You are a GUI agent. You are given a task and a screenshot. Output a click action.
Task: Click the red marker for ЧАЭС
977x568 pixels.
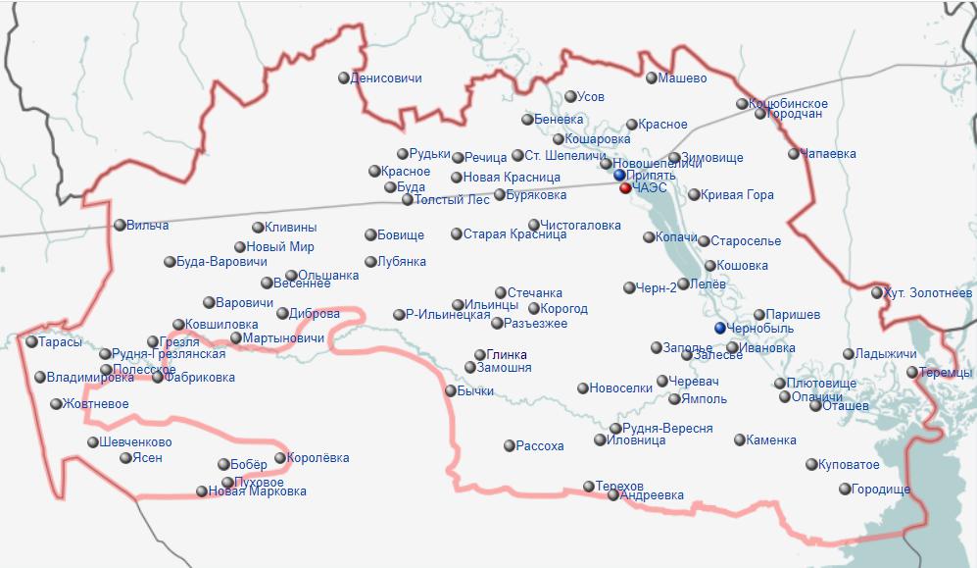(x=625, y=187)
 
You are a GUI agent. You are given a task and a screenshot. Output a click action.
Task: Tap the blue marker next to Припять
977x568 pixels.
(x=619, y=176)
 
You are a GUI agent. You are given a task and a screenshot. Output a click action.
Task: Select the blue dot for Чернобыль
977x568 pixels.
(x=720, y=328)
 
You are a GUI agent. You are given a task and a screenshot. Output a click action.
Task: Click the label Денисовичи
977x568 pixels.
(x=386, y=77)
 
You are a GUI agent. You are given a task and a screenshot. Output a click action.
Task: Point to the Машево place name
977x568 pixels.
(x=682, y=77)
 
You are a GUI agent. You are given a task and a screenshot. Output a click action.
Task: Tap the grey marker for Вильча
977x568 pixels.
(x=120, y=225)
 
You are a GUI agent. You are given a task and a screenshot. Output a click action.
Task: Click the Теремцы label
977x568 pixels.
(x=946, y=373)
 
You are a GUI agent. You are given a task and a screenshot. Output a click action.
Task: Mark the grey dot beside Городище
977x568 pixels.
(x=845, y=489)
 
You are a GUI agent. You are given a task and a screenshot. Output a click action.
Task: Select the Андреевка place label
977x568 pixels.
(x=652, y=495)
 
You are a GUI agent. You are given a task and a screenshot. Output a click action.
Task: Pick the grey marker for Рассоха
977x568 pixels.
(x=509, y=446)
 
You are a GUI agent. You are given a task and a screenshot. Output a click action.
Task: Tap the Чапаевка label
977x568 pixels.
(x=828, y=154)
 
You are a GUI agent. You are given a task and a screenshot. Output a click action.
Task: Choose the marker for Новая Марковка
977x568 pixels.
(x=202, y=491)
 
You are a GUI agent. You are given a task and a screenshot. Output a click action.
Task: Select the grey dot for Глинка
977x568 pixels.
(x=480, y=355)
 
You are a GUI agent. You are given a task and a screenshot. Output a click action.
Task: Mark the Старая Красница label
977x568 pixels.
(x=514, y=234)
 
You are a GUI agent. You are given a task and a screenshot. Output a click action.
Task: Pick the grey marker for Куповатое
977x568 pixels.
(x=811, y=464)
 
